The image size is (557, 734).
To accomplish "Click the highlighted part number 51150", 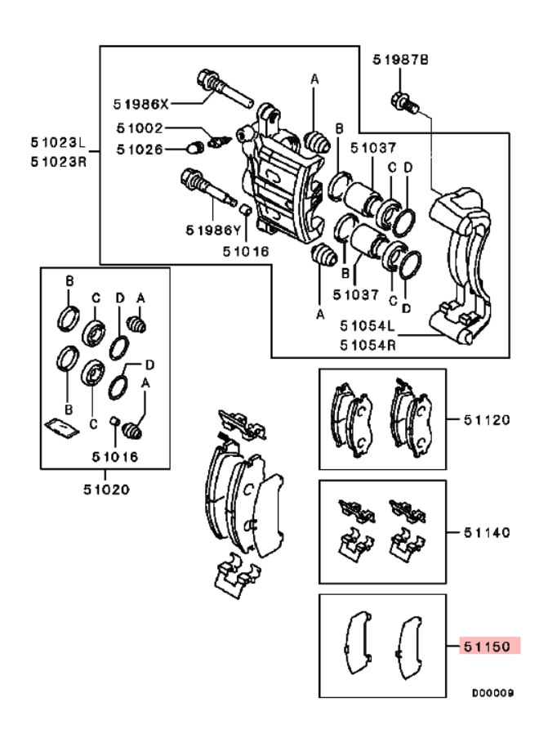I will [489, 646].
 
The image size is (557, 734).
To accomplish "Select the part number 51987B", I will [400, 60].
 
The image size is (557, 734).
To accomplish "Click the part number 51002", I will [139, 128].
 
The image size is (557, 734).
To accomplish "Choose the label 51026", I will [139, 149].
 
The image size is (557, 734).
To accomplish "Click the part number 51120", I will [489, 420].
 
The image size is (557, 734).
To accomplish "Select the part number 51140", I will [489, 532].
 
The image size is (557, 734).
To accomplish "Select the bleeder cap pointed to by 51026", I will [195, 148].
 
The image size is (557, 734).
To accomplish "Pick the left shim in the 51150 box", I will [357, 641].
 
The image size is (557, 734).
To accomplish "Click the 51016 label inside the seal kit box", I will [114, 456].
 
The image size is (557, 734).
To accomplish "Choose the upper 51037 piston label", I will [373, 149].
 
